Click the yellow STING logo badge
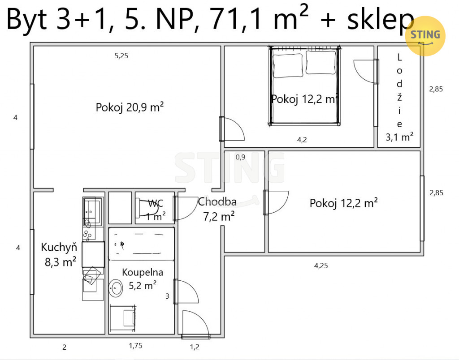[425, 36]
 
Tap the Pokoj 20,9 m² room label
[130, 107]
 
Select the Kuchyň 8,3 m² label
[60, 254]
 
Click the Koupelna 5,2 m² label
[143, 279]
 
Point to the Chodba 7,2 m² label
[217, 209]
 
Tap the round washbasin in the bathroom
[116, 288]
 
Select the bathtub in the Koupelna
[141, 244]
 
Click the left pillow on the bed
[287, 65]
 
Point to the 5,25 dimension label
[121, 56]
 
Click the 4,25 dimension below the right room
[321, 266]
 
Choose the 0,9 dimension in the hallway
[240, 157]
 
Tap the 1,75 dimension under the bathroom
[135, 346]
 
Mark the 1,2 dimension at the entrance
[195, 347]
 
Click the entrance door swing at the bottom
[195, 323]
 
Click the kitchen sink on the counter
[92, 208]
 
